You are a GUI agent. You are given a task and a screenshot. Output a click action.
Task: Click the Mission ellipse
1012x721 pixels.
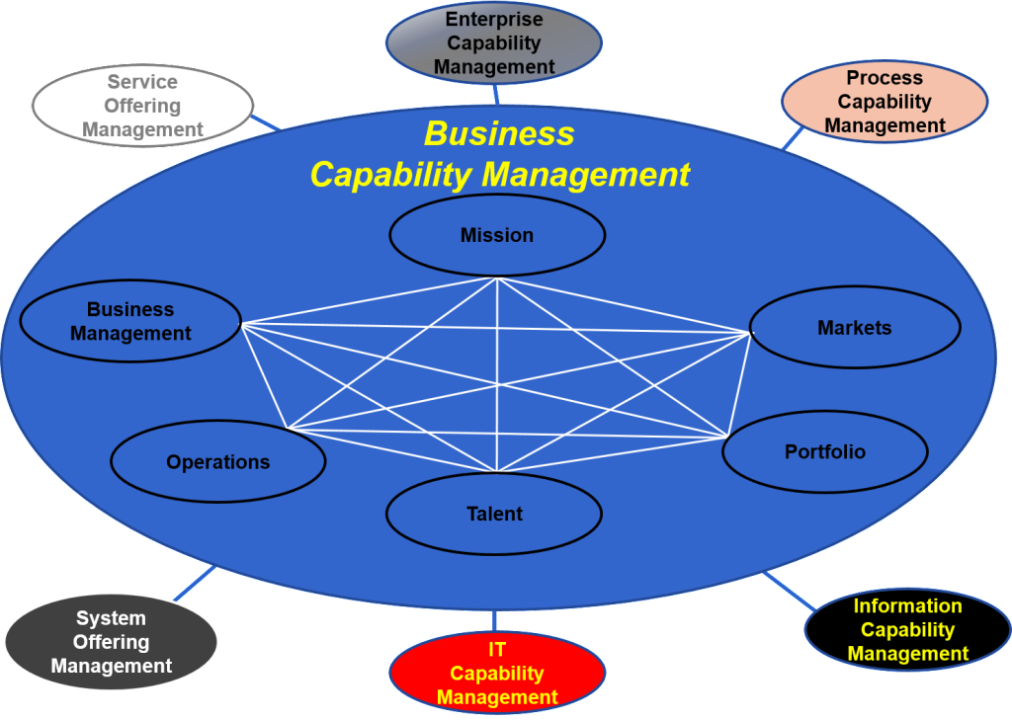click(x=497, y=235)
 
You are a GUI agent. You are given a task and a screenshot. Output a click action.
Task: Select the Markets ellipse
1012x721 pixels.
click(x=855, y=328)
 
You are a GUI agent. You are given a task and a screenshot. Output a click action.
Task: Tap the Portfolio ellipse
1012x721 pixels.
click(x=825, y=451)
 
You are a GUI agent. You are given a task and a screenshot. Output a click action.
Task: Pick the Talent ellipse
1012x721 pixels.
click(x=494, y=514)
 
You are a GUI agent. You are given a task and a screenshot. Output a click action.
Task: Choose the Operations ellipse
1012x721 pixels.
click(x=217, y=462)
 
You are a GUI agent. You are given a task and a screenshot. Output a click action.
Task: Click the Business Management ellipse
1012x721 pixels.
click(x=130, y=322)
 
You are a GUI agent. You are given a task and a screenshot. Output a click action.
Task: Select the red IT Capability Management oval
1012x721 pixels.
click(x=497, y=674)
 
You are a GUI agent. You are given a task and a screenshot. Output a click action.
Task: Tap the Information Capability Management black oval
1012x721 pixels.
click(x=907, y=630)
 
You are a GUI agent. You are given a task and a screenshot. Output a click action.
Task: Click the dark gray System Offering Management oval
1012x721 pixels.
click(x=111, y=642)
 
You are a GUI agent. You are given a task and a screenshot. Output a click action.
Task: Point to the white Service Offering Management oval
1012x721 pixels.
click(x=142, y=106)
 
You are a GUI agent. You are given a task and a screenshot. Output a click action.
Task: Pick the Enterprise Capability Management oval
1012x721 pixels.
click(x=493, y=43)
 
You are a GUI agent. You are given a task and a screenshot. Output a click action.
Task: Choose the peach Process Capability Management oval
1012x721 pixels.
click(x=885, y=102)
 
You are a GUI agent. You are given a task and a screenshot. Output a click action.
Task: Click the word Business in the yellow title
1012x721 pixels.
click(x=499, y=133)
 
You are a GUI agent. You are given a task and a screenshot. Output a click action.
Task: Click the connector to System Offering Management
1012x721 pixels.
click(x=195, y=584)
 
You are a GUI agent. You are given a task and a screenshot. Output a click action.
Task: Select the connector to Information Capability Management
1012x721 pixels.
click(x=790, y=591)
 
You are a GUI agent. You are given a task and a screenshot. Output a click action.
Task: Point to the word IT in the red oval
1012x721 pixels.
click(x=497, y=650)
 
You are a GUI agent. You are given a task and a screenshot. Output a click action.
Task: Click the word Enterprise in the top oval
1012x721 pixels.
click(x=493, y=19)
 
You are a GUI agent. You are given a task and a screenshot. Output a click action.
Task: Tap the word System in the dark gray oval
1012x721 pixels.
click(x=111, y=618)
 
